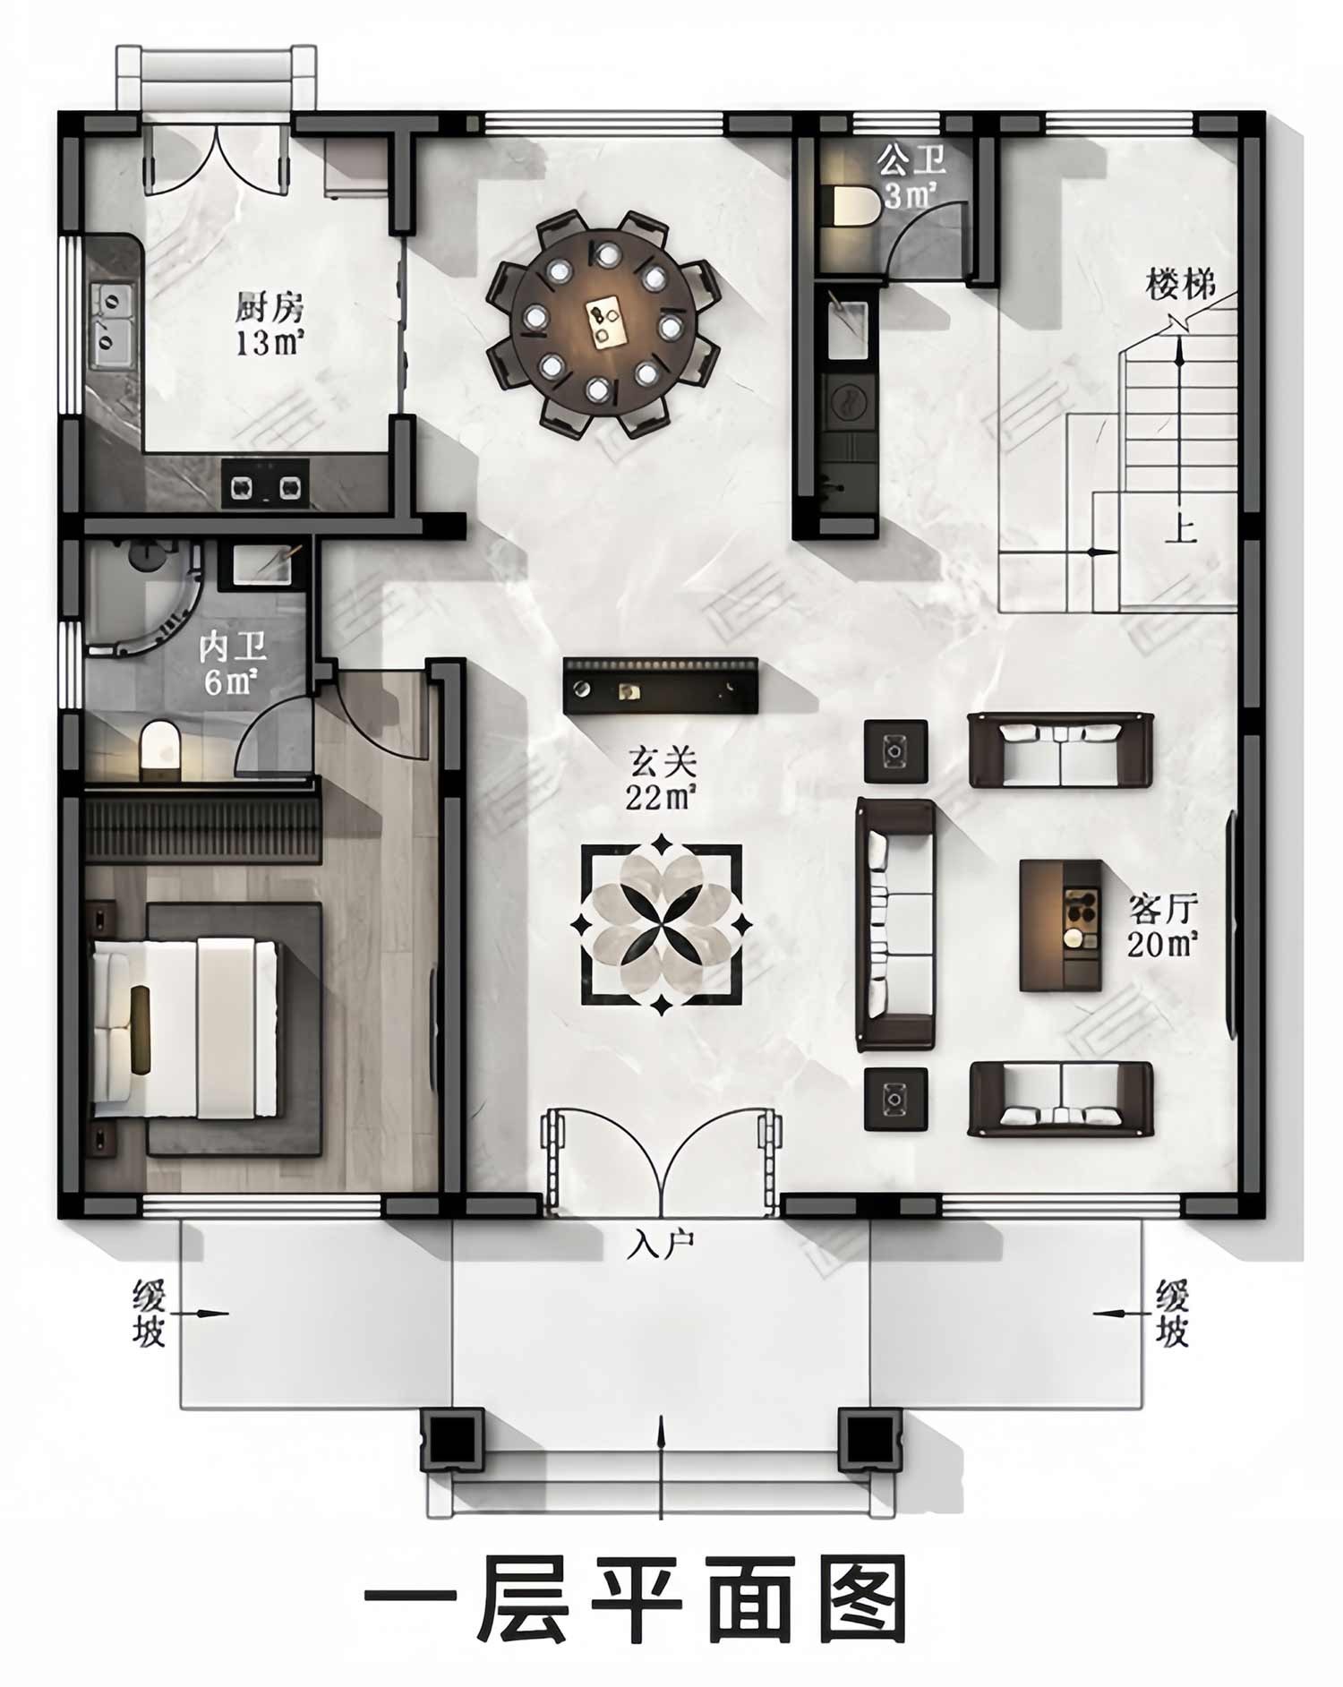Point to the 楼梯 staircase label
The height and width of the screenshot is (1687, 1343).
(1181, 286)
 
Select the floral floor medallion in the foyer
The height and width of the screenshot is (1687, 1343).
(662, 924)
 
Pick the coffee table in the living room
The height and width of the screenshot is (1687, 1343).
(1061, 925)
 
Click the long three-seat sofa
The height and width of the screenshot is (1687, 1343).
(895, 924)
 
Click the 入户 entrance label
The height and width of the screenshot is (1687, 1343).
(662, 1244)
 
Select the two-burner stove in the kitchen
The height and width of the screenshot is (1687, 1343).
(265, 485)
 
